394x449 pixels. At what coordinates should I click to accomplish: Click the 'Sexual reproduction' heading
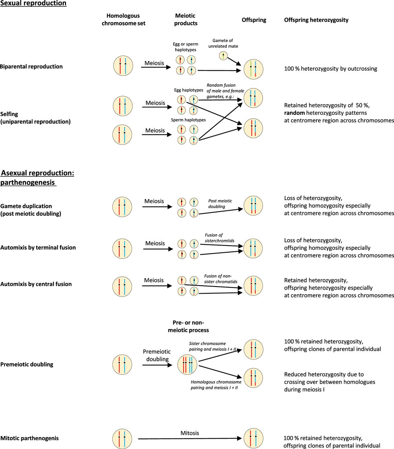(33, 3)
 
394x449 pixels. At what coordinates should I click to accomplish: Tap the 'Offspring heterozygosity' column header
(316, 20)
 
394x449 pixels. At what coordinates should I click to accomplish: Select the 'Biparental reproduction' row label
(31, 67)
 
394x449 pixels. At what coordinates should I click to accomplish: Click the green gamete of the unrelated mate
(223, 55)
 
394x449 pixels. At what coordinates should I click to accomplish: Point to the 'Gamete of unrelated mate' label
(223, 43)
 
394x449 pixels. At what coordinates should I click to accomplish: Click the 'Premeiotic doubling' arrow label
(157, 355)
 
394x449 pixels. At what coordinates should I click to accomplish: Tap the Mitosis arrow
(190, 438)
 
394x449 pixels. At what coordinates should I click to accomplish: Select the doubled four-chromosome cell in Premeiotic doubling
(187, 364)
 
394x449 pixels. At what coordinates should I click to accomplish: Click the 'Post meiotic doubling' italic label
(220, 204)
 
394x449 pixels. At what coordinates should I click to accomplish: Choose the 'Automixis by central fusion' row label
(36, 284)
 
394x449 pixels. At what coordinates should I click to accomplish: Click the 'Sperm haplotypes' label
(188, 120)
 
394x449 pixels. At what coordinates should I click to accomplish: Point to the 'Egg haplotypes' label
(189, 90)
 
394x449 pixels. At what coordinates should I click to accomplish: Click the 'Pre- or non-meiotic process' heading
(188, 326)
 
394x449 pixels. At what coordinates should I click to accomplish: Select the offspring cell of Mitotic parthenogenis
(253, 438)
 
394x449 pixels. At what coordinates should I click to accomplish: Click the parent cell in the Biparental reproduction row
(123, 66)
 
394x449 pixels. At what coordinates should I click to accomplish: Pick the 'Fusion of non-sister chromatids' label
(221, 279)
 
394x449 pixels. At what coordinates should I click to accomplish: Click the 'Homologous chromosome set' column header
(123, 20)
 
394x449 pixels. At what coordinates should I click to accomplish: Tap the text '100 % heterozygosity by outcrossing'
(330, 69)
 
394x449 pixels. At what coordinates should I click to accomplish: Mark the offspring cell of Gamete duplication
(253, 206)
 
